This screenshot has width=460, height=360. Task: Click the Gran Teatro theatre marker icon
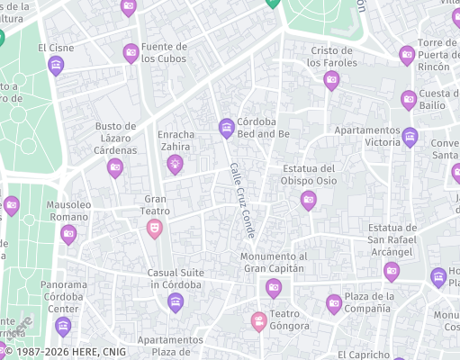tap(155, 228)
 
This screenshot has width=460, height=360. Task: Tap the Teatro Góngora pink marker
tap(259, 320)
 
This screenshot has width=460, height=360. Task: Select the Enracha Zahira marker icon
tap(175, 163)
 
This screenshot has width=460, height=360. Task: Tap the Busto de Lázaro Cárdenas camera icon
tap(115, 167)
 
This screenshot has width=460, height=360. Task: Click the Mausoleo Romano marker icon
tap(68, 235)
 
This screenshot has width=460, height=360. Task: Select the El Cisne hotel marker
tap(56, 65)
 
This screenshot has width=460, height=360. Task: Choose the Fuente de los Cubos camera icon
tap(131, 52)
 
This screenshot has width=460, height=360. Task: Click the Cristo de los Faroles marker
tap(331, 80)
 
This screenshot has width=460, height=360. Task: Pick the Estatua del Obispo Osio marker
tap(309, 200)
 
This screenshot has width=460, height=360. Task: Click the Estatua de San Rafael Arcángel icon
tap(392, 270)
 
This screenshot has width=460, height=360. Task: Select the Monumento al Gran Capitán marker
tap(275, 287)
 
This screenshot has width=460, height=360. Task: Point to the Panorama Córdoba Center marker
tap(62, 324)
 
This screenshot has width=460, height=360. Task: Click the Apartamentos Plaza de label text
tap(170, 346)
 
